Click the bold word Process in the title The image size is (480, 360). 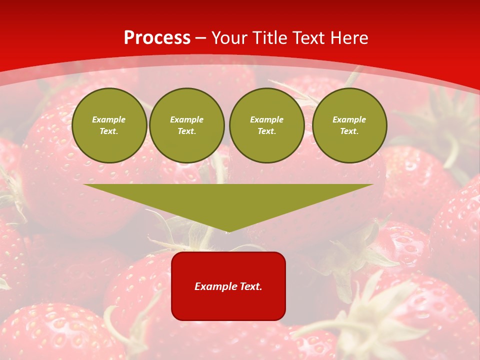click(157, 38)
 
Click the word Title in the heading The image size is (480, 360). click(270, 38)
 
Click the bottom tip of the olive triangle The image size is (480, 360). click(228, 231)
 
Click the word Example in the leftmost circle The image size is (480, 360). click(109, 119)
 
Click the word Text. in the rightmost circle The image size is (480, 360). click(349, 131)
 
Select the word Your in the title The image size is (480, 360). click(230, 38)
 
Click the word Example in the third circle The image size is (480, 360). click(266, 119)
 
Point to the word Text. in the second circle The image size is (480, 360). click(186, 131)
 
